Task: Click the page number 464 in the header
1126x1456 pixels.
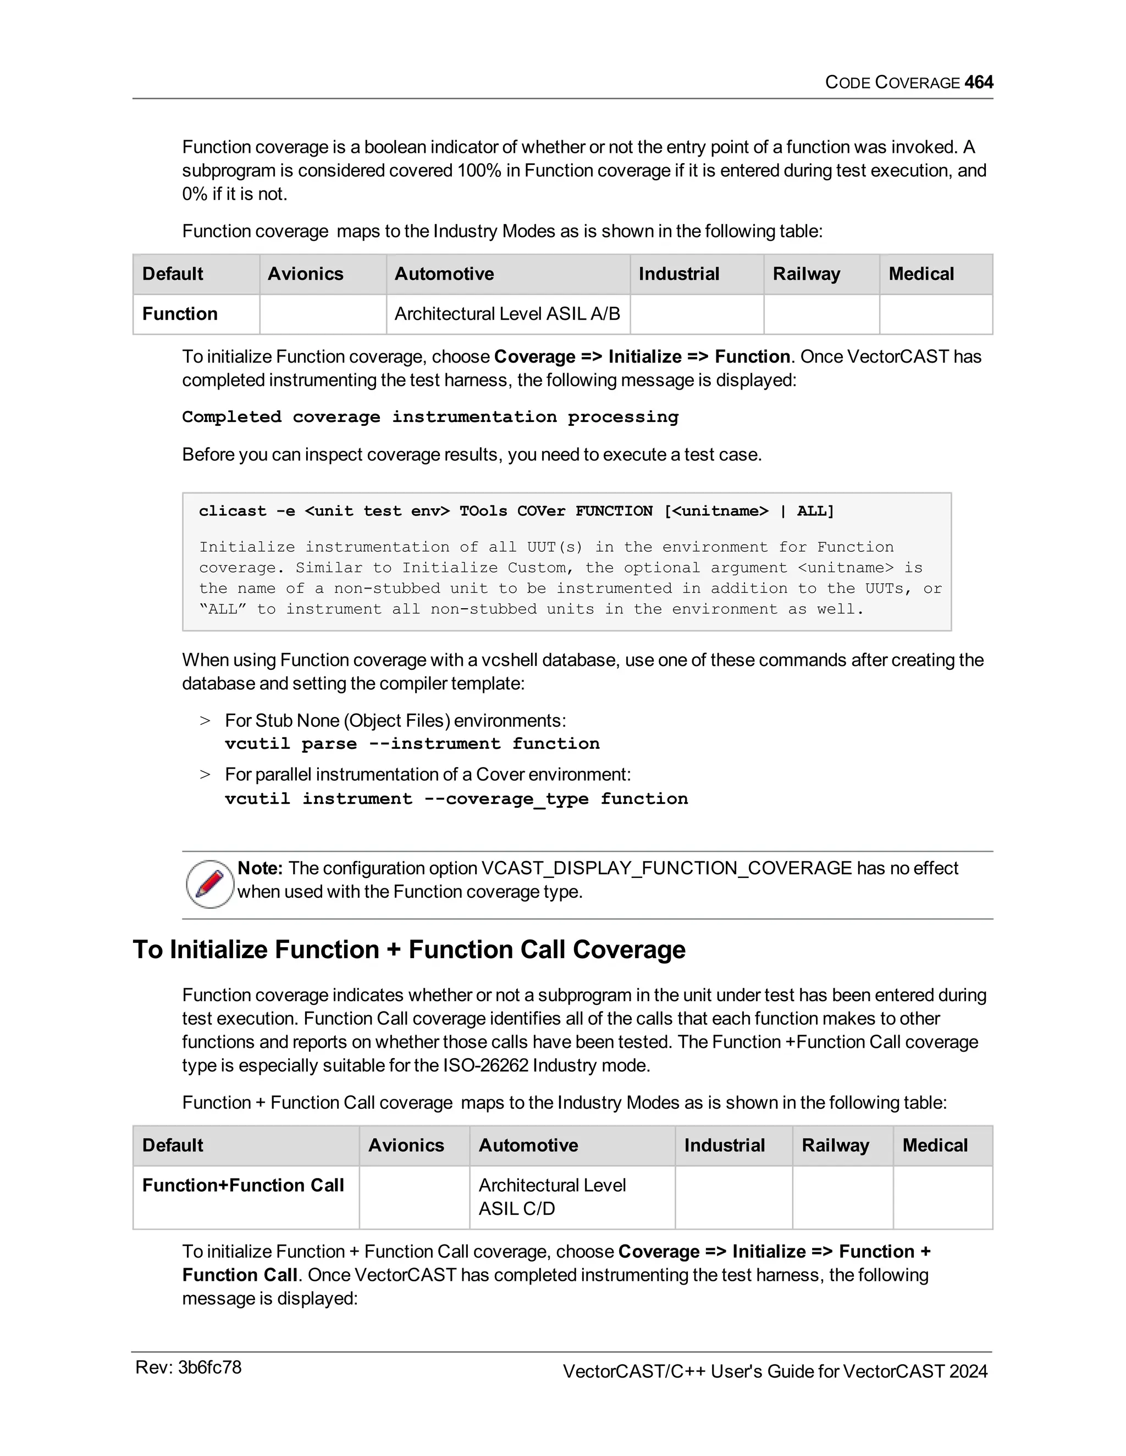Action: click(x=979, y=82)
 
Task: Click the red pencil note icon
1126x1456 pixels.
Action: click(x=210, y=883)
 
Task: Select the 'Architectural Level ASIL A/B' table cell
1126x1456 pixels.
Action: click(x=507, y=313)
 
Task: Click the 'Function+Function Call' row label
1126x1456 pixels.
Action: click(x=243, y=1185)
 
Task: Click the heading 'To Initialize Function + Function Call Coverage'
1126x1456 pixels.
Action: click(x=409, y=949)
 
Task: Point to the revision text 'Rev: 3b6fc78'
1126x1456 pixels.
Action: click(x=188, y=1368)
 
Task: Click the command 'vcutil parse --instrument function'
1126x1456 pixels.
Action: click(x=412, y=743)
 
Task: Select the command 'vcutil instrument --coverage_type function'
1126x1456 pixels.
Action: click(x=456, y=799)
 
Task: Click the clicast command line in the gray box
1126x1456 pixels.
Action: click(x=516, y=512)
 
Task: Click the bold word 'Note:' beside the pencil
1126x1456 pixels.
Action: click(x=260, y=868)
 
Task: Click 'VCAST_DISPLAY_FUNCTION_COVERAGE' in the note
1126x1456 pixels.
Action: click(x=666, y=868)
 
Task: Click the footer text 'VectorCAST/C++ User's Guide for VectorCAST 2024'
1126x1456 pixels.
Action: click(x=775, y=1371)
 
